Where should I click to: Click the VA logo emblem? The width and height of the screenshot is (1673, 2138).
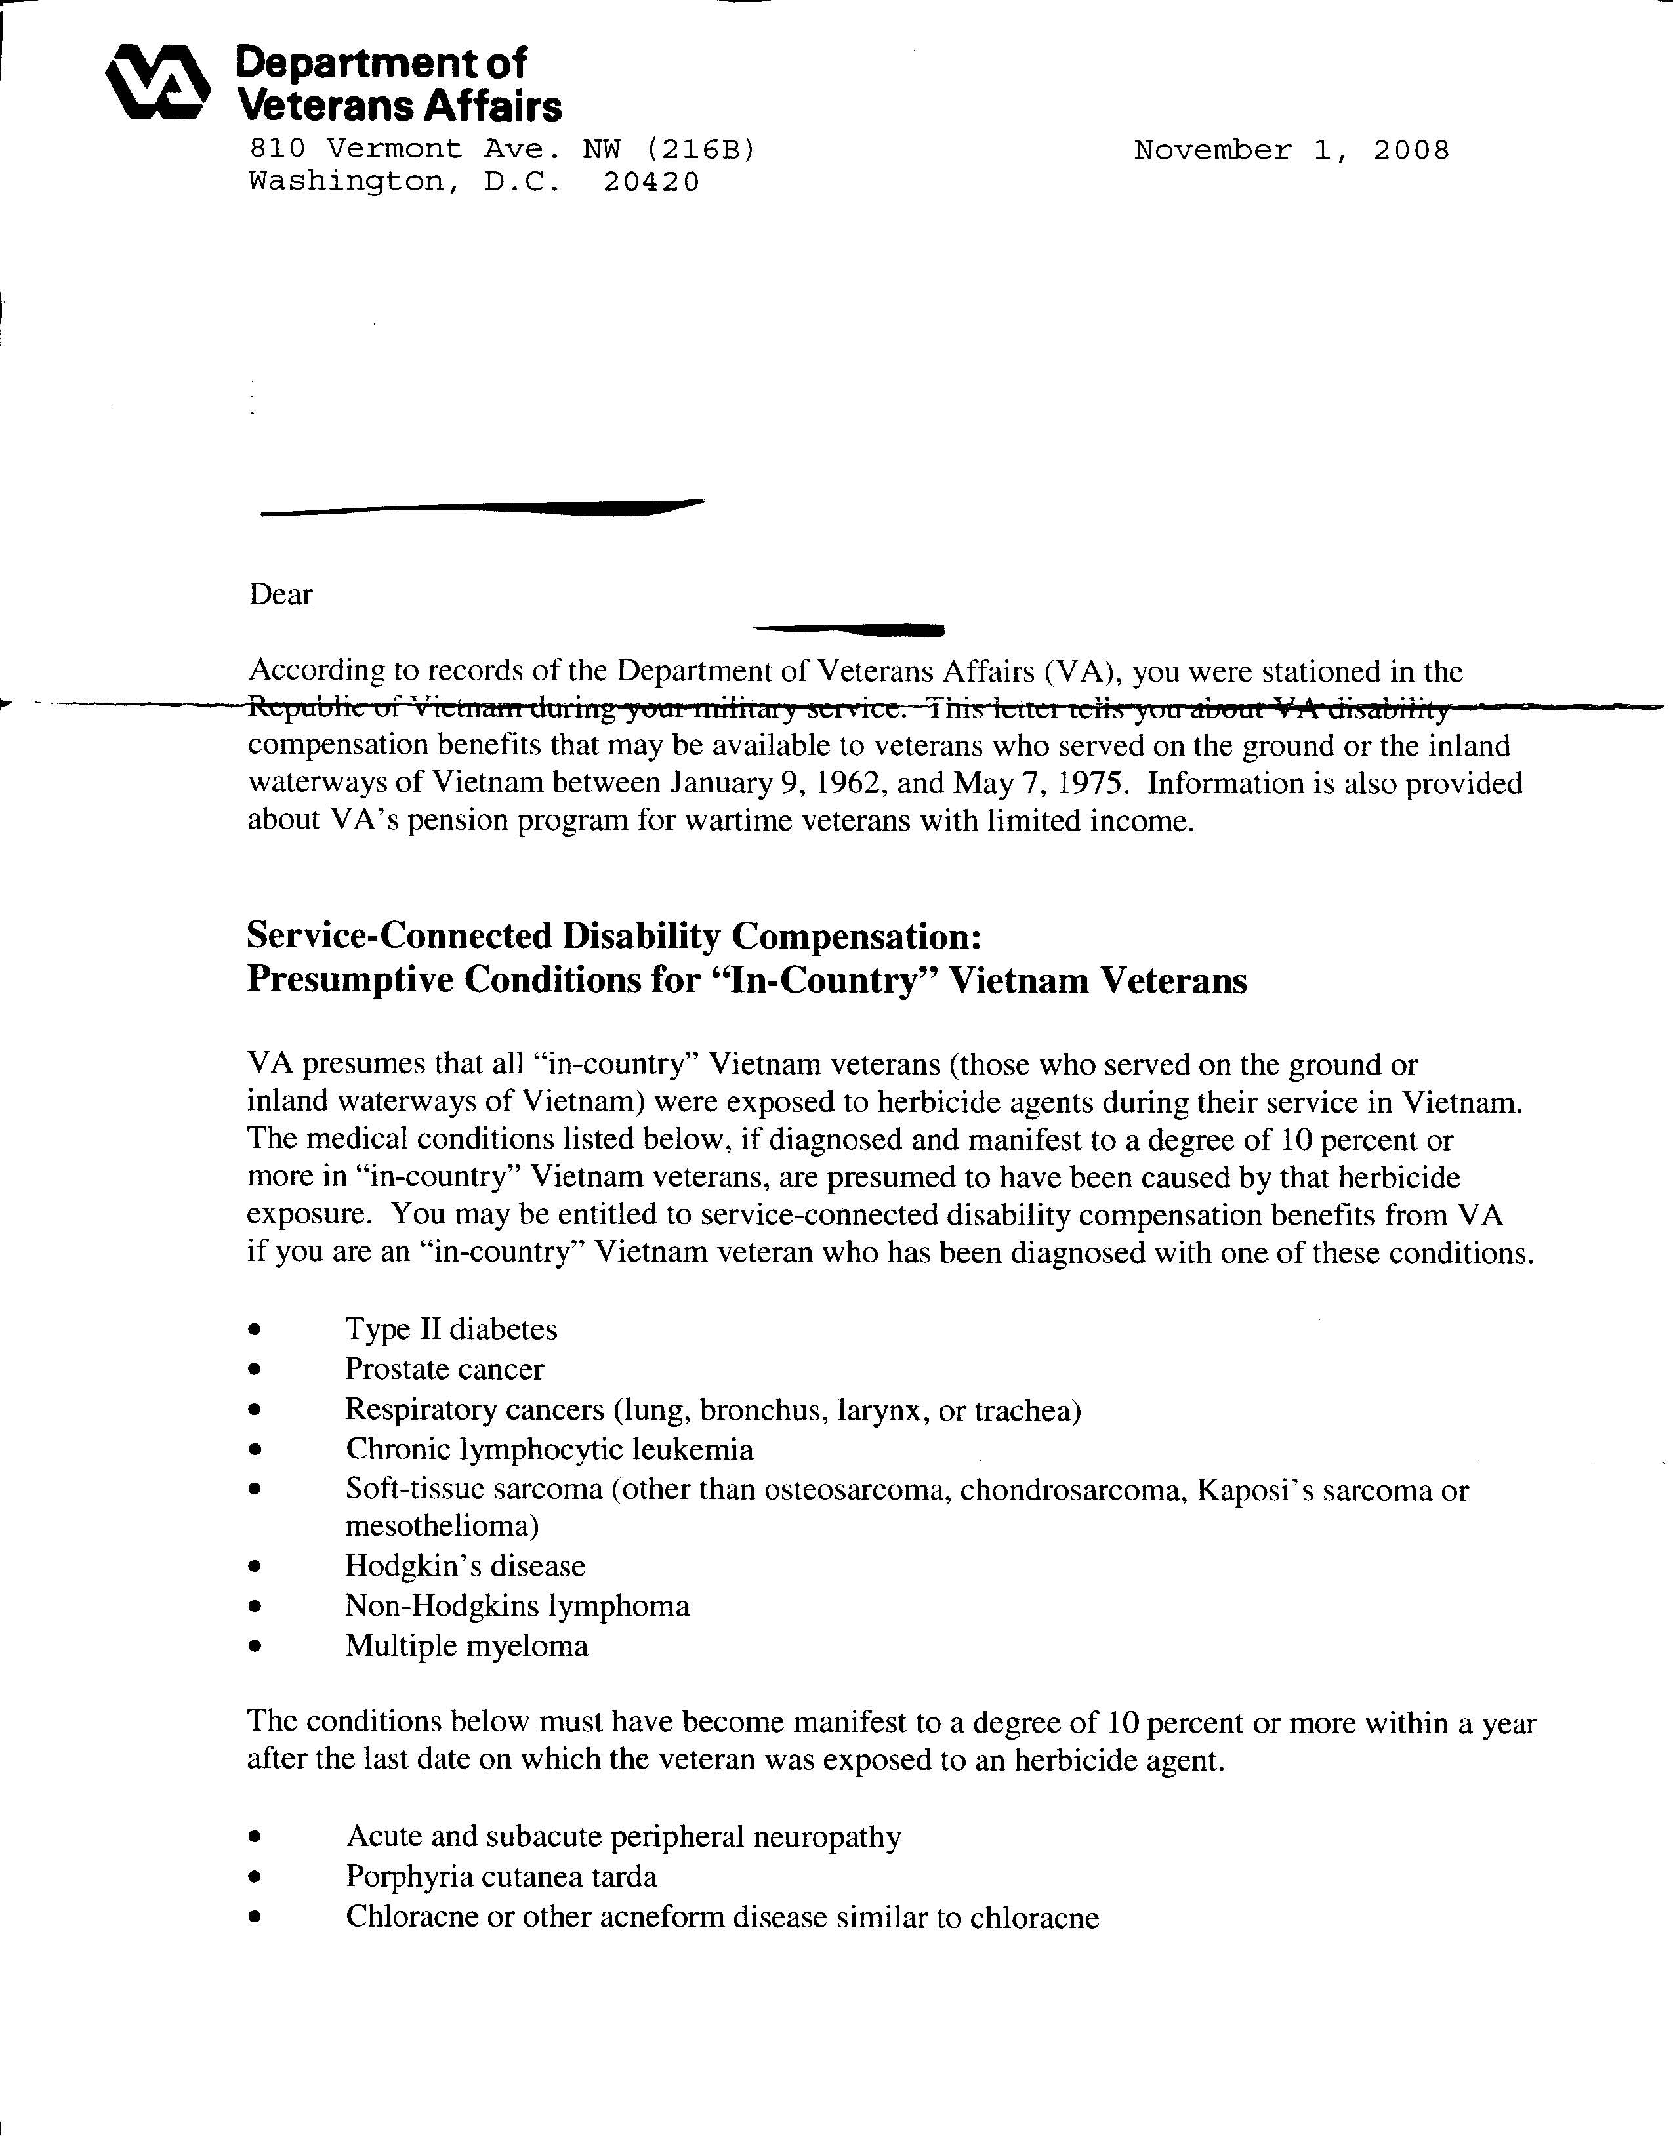[x=157, y=84]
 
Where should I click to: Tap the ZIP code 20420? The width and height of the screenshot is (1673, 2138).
[x=651, y=182]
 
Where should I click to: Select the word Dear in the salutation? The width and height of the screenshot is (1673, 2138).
[x=281, y=594]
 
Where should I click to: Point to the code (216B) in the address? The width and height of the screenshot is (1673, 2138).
[x=700, y=149]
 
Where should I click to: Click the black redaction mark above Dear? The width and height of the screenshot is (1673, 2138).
[x=480, y=508]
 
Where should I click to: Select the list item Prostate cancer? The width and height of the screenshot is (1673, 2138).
[x=445, y=1369]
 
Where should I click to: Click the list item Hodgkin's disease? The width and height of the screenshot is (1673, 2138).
[x=465, y=1566]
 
